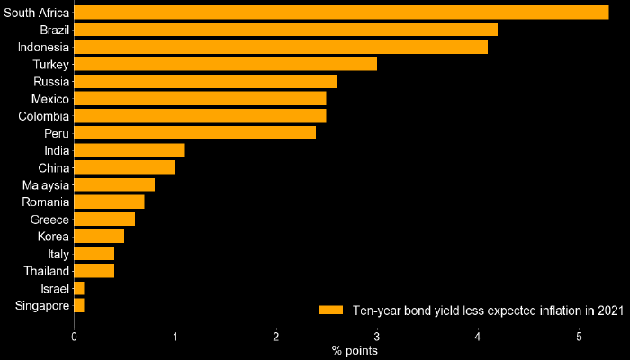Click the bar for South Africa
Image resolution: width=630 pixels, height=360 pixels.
coord(341,12)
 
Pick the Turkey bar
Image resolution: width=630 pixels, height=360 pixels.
coord(225,64)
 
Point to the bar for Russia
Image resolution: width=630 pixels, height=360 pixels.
coord(205,81)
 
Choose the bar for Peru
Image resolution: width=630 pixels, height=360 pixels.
coord(194,133)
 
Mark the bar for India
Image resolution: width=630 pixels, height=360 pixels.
coord(130,150)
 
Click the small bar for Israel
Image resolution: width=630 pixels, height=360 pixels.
coord(79,289)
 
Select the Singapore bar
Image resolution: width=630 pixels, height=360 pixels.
coord(79,306)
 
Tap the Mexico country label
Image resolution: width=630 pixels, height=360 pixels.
coord(49,99)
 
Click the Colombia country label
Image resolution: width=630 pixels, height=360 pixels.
coord(44,116)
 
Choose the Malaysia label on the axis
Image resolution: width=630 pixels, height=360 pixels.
coord(46,185)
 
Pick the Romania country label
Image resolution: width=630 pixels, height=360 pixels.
coord(46,202)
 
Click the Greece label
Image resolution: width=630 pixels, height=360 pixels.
coord(50,220)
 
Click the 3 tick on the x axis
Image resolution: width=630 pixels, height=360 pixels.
coord(377,337)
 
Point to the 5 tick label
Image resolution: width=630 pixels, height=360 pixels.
coord(579,337)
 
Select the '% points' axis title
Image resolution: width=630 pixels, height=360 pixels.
coord(354,351)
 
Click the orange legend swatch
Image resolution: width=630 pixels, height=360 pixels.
coord(331,310)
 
